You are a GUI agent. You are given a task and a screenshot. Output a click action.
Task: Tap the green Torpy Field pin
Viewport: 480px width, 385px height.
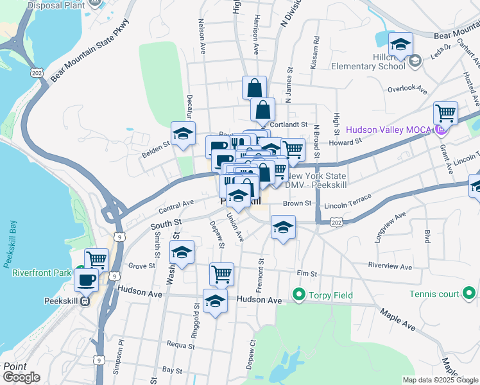(298, 295)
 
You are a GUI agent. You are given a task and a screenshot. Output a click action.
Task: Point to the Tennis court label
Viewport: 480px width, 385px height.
(434, 295)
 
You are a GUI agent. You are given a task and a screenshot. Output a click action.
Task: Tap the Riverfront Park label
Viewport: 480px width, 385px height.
(40, 272)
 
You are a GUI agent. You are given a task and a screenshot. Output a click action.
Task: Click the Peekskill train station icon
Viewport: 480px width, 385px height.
(84, 302)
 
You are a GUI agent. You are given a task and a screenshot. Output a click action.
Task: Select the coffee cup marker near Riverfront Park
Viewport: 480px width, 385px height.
(86, 280)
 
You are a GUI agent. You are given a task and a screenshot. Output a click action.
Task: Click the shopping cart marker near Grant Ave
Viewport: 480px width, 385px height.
(445, 114)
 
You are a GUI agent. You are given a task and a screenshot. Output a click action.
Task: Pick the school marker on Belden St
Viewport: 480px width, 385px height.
(183, 133)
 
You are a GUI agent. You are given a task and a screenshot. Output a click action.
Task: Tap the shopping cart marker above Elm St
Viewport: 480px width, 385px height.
(221, 273)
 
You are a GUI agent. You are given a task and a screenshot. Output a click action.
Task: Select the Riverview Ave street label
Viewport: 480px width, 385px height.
(389, 266)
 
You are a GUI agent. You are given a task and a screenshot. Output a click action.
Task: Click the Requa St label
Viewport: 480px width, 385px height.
(180, 345)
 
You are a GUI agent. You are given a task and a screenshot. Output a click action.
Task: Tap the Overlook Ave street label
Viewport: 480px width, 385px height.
(407, 88)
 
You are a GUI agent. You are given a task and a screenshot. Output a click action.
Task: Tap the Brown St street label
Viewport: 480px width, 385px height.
(298, 203)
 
